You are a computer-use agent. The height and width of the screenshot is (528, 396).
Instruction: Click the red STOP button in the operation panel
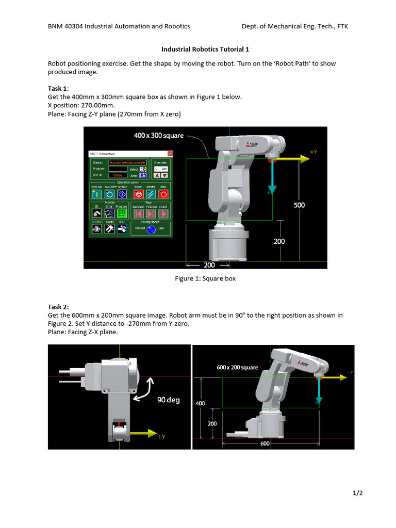click(138, 194)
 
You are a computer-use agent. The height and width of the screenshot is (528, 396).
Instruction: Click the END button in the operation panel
click(163, 194)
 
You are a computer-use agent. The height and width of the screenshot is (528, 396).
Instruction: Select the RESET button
click(151, 194)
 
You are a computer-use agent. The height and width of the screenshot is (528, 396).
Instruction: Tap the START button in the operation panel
click(122, 194)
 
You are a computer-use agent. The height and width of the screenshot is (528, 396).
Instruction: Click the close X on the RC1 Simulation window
click(170, 154)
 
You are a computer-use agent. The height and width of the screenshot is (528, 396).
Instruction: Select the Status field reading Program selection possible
click(127, 162)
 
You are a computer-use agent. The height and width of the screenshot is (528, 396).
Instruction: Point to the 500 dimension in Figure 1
click(299, 205)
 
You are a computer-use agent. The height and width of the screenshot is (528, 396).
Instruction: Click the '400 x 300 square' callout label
click(159, 136)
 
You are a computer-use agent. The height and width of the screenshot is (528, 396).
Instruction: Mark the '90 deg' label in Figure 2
click(169, 400)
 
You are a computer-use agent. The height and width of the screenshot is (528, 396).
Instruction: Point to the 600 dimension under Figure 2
click(265, 443)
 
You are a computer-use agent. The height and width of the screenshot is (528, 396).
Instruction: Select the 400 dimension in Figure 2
click(200, 403)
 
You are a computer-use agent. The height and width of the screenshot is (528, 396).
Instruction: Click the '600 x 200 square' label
click(237, 368)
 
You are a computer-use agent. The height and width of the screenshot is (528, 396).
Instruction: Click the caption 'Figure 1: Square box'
click(205, 278)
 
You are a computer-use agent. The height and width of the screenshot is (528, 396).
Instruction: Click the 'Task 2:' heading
click(58, 307)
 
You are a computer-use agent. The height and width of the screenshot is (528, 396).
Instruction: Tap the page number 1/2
click(358, 493)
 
